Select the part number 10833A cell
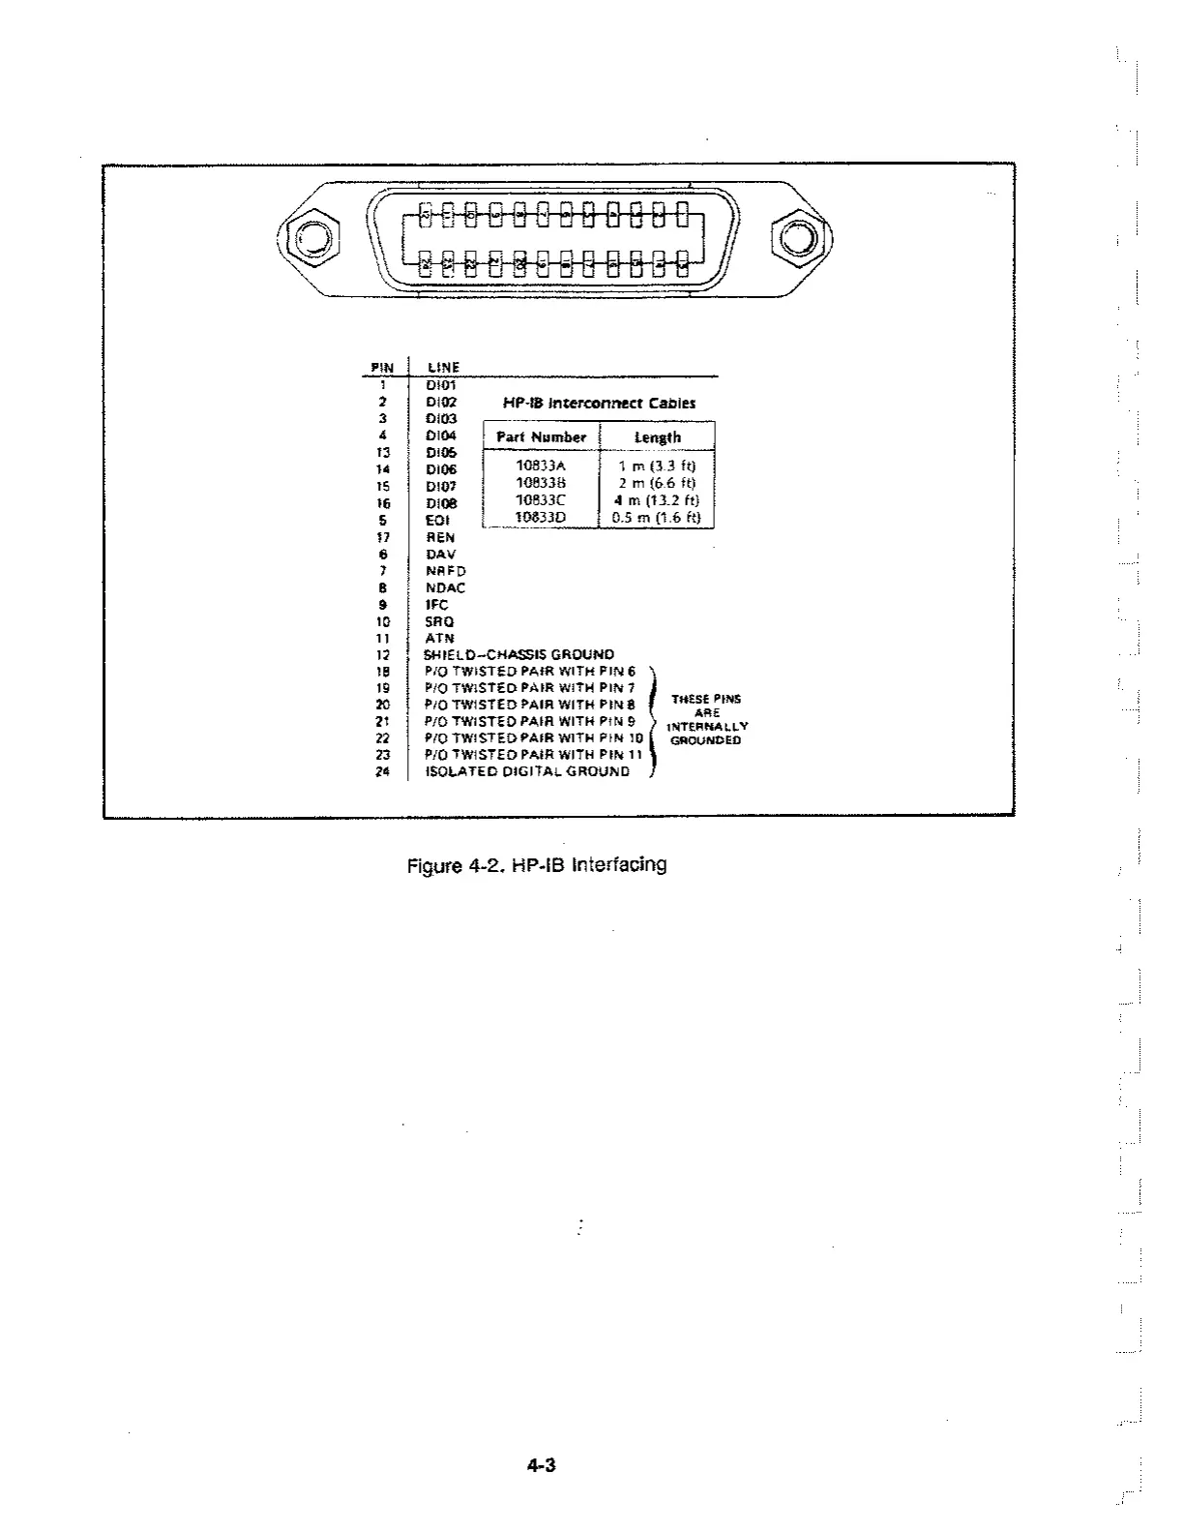541,466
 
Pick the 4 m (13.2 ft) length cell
657,500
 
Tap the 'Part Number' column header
541,437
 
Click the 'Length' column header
657,437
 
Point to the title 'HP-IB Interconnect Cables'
599,403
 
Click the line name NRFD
445,571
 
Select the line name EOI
437,520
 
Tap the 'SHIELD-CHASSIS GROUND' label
518,655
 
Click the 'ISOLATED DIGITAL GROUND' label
527,771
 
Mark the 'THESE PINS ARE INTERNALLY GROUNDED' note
706,720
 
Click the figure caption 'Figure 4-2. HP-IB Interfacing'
537,864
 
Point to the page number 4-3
542,1465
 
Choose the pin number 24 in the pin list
383,771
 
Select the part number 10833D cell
541,518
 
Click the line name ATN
439,639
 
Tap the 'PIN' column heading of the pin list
383,368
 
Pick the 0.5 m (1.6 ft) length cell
657,518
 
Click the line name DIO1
440,385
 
